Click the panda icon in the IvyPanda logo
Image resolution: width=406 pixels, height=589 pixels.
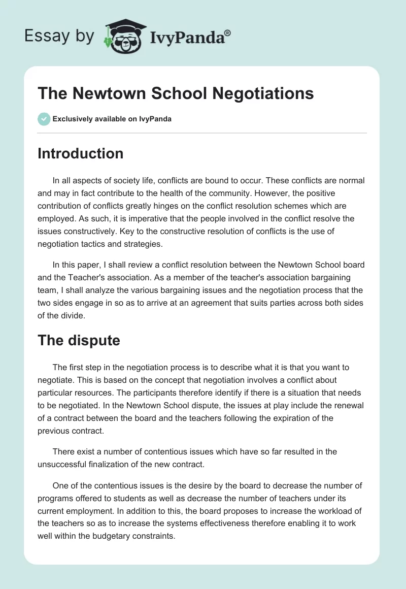pyautogui.click(x=124, y=37)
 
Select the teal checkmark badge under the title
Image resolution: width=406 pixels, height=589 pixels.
pyautogui.click(x=44, y=119)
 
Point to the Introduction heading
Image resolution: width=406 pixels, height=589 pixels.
pyautogui.click(x=80, y=153)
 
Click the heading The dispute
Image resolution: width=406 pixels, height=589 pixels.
pyautogui.click(x=79, y=340)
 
